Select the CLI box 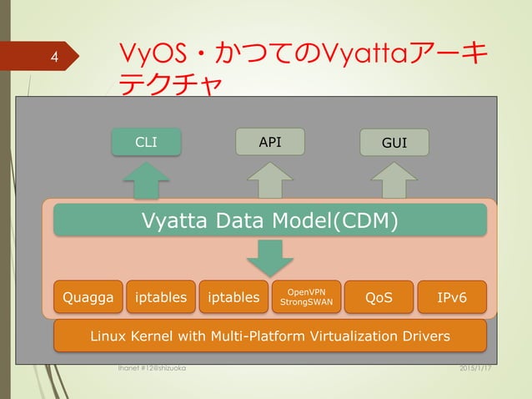[147, 143]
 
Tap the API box [269, 142]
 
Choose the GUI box [394, 143]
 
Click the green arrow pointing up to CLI [147, 180]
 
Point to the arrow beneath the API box [269, 180]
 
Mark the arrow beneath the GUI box [394, 180]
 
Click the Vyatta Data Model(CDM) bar [270, 220]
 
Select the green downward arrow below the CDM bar [270, 257]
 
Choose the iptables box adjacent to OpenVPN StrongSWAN [233, 297]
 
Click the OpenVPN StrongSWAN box [306, 297]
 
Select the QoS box [379, 297]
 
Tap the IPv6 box [451, 297]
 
